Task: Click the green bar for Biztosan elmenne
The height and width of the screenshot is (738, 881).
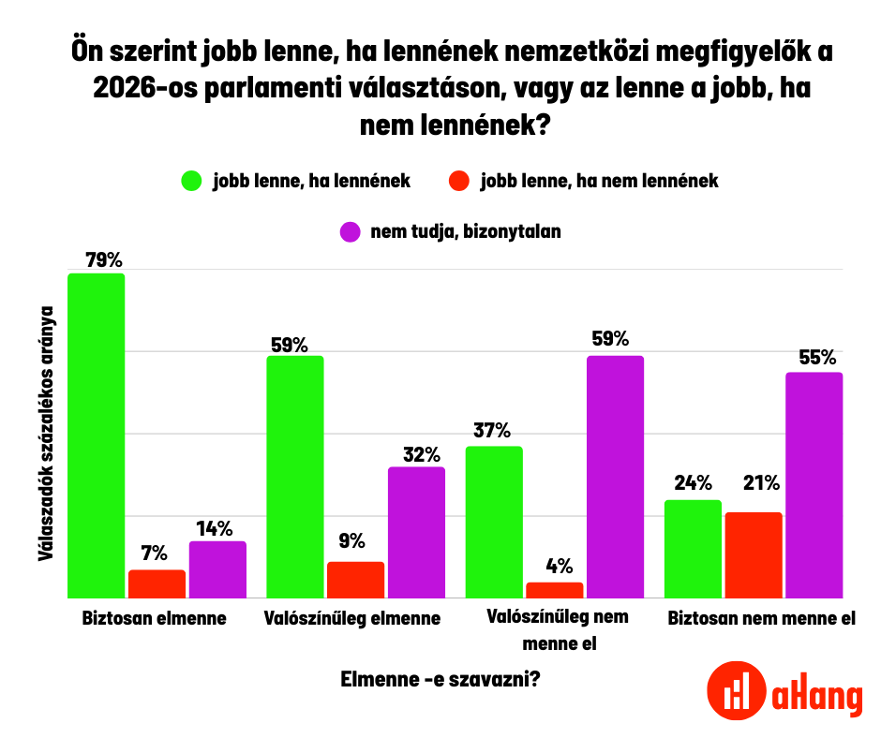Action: pos(96,435)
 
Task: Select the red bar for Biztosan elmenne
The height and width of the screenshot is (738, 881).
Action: pos(157,583)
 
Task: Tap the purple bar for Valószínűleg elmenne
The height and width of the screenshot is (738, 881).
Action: pos(416,532)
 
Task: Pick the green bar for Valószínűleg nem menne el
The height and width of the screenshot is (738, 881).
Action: pos(494,522)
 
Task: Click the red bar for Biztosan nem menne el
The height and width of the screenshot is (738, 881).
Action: pos(753,554)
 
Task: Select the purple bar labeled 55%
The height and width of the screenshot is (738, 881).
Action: pos(814,484)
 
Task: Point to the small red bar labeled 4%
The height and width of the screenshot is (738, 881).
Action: pos(555,590)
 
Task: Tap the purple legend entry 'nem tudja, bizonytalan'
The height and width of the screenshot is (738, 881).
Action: pos(450,231)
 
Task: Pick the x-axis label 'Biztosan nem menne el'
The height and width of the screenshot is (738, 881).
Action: pos(761,619)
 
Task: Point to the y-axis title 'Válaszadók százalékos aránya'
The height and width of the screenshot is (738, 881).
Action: pos(44,435)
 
